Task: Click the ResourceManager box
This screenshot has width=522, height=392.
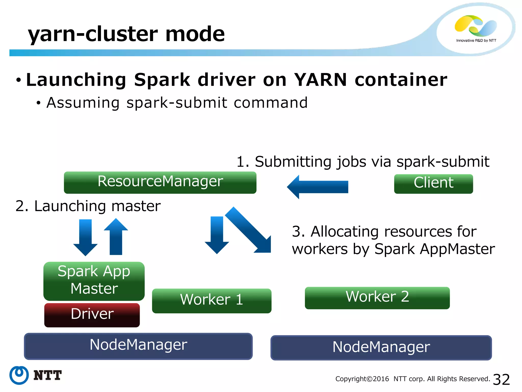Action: click(160, 182)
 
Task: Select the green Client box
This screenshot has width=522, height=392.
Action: click(433, 184)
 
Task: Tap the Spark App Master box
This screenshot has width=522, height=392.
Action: click(94, 281)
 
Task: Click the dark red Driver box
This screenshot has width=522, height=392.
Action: click(92, 315)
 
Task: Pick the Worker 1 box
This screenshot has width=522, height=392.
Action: click(212, 301)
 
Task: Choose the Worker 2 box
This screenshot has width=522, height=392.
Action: click(377, 298)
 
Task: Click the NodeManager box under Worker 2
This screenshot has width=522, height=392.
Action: click(381, 348)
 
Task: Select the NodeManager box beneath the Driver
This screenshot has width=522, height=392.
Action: click(138, 346)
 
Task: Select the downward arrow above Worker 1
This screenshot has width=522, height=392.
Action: click(217, 235)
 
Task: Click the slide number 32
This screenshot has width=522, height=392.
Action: click(501, 379)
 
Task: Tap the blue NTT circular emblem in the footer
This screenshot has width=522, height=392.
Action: click(19, 375)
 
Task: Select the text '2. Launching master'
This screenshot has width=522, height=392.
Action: click(88, 206)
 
